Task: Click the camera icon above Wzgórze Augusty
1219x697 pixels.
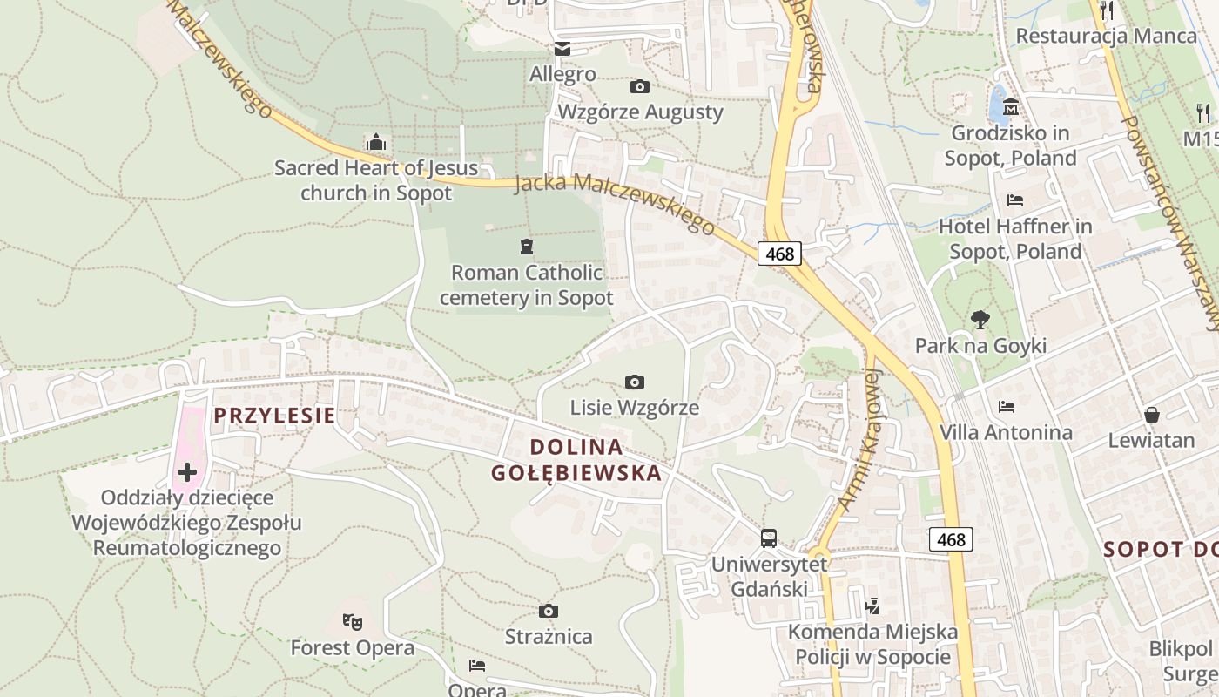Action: [639, 86]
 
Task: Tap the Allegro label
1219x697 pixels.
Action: [562, 74]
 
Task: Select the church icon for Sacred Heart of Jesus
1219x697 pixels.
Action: [376, 141]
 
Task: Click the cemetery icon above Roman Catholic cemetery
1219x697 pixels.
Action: [526, 247]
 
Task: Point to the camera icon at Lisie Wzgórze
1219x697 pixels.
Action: [635, 382]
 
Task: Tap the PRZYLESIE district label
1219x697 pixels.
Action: [274, 416]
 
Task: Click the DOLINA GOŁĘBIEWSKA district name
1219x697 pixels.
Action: [576, 460]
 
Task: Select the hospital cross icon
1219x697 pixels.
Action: [186, 472]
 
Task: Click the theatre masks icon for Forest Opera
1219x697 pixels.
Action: [352, 621]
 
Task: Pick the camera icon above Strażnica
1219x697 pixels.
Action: [548, 611]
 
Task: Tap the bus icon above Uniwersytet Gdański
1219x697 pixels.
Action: [768, 538]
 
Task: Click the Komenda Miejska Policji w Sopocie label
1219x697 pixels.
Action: [872, 644]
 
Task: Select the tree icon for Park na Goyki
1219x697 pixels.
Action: [980, 320]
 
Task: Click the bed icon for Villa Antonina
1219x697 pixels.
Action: [1007, 406]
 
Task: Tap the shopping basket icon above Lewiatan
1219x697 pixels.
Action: [1151, 414]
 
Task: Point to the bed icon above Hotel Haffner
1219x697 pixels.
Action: [1014, 200]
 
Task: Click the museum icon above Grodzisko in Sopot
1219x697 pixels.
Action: [1010, 107]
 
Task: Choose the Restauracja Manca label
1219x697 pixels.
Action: [1106, 36]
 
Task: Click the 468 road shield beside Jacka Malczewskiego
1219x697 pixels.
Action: [779, 254]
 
